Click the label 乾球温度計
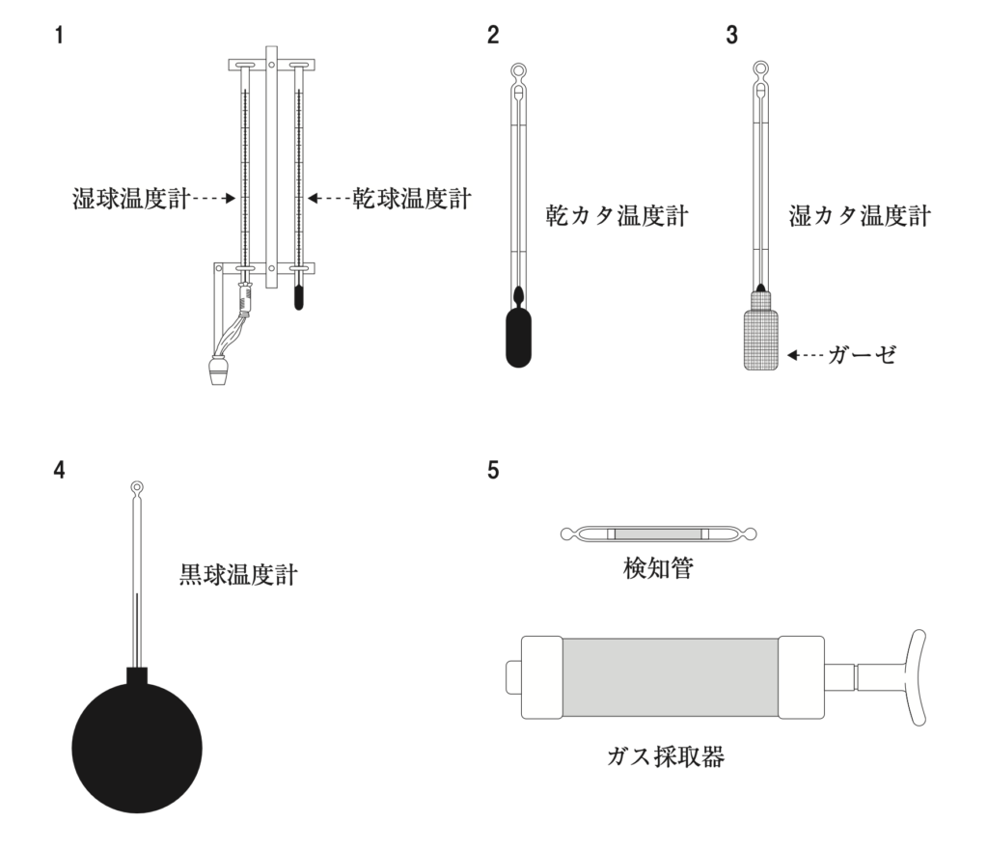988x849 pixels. (409, 199)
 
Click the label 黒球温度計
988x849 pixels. (238, 576)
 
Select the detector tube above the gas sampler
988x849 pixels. (660, 534)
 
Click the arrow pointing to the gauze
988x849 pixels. (805, 355)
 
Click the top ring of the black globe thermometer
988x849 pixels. (138, 488)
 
